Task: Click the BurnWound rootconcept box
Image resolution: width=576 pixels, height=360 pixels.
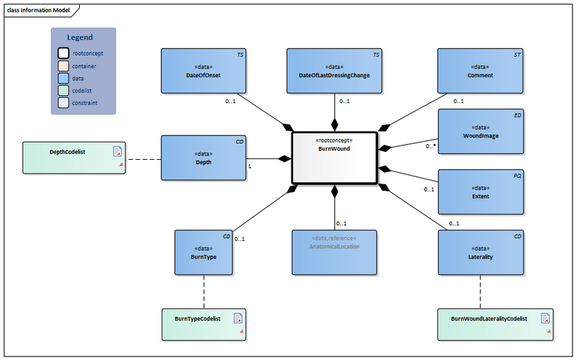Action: (334, 158)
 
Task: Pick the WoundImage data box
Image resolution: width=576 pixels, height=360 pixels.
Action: (481, 131)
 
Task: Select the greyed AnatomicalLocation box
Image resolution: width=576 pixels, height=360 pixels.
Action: (334, 252)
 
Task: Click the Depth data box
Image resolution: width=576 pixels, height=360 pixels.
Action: (202, 158)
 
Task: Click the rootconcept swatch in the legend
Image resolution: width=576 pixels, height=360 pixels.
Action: (63, 53)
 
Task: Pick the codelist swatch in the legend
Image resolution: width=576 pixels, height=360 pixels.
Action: (63, 91)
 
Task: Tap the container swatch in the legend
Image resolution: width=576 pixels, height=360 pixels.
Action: (63, 66)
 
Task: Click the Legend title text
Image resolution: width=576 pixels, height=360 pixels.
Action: (80, 37)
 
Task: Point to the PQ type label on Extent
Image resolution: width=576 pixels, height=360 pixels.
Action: (516, 175)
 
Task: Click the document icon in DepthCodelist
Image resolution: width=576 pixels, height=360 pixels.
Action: (117, 151)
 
